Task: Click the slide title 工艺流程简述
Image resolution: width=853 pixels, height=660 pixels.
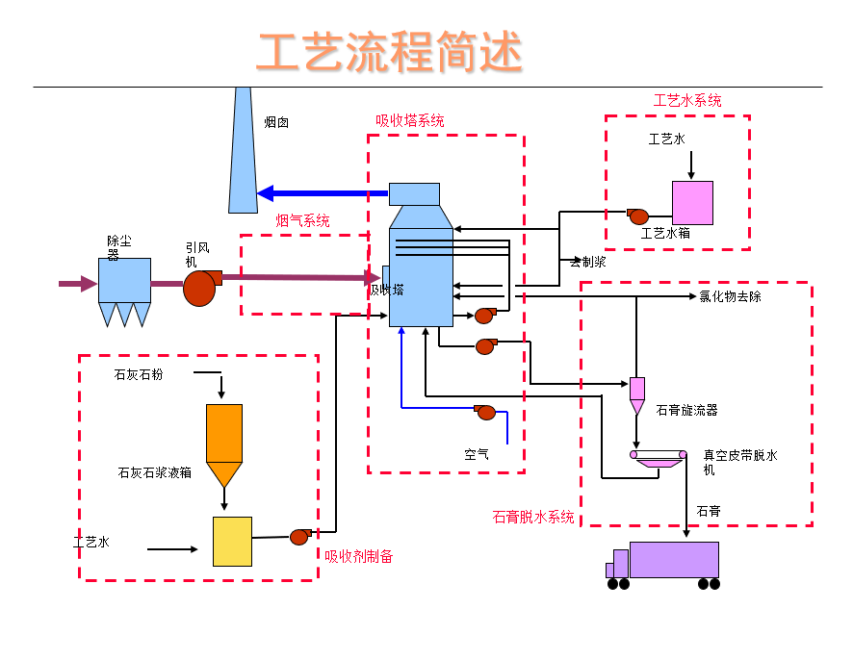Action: point(390,52)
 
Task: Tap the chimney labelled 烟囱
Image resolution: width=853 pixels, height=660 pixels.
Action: point(243,154)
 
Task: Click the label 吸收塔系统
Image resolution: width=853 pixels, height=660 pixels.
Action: point(410,121)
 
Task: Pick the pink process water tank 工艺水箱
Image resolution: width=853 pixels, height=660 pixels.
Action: point(692,202)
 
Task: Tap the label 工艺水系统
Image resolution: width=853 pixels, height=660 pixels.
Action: point(687,100)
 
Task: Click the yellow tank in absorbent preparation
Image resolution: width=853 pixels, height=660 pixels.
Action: point(232,541)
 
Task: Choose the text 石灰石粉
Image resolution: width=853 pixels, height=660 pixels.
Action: point(139,374)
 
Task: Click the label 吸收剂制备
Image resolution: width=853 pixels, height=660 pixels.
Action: point(358,556)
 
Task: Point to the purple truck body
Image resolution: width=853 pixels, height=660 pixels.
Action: point(674,559)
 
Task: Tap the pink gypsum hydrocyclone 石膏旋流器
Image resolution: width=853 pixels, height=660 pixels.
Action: point(637,391)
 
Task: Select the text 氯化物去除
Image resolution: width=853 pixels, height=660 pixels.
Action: point(730,296)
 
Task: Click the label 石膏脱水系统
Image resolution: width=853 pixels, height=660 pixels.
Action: point(533,517)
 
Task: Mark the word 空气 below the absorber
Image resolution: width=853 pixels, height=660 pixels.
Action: point(476,454)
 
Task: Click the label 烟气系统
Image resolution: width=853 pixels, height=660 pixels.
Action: point(302,220)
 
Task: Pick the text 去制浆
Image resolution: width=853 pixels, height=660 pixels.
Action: point(587,262)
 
